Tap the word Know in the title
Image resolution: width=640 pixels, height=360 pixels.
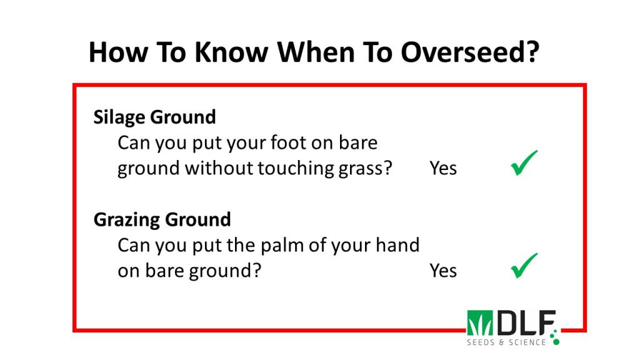point(231,52)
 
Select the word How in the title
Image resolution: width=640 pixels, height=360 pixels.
point(118,52)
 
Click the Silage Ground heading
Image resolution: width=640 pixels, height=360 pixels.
point(154,117)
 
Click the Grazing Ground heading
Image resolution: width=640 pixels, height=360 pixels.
point(162,219)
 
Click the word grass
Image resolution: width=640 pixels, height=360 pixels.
point(360,168)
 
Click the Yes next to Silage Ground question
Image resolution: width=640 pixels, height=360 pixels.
point(443,168)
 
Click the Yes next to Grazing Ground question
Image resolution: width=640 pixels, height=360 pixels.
point(443,271)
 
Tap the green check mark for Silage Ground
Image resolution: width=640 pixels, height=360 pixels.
point(524,163)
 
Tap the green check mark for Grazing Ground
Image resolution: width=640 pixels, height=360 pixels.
point(524,265)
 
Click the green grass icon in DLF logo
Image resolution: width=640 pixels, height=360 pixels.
point(480,322)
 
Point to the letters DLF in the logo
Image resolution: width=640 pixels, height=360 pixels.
point(526,322)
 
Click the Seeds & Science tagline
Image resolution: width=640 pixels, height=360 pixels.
point(506,342)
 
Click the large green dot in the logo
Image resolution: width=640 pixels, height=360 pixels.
point(556,341)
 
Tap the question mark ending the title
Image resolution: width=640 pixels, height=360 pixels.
point(534,52)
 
